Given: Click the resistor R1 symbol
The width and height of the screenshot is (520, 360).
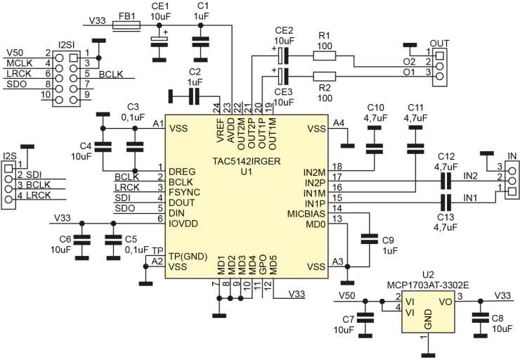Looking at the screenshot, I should [x=324, y=56].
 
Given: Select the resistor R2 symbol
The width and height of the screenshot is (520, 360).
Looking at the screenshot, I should [x=324, y=77].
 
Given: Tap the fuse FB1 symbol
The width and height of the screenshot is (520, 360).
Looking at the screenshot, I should [x=126, y=27].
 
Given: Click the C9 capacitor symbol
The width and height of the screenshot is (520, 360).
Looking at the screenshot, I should [x=367, y=240].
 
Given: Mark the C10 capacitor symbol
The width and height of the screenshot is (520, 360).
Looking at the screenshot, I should [x=374, y=148].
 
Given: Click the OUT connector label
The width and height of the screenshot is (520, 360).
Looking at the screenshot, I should [x=438, y=43].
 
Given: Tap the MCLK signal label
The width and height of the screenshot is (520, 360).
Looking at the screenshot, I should [x=18, y=63].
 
